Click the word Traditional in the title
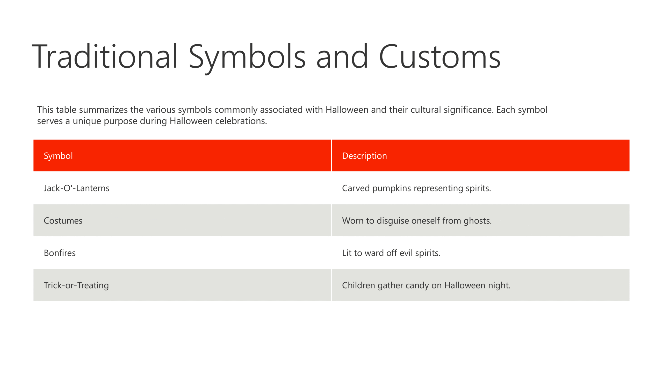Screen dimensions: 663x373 click(x=105, y=56)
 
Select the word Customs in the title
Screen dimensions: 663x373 click(x=440, y=56)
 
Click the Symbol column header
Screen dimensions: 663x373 click(x=58, y=156)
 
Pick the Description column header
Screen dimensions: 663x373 click(x=364, y=156)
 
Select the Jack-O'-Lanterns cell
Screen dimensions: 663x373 click(x=77, y=188)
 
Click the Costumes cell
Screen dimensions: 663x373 click(x=63, y=220)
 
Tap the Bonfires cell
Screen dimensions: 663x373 click(x=60, y=253)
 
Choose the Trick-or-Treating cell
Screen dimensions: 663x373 click(x=76, y=285)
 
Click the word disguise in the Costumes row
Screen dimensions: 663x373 click(x=392, y=221)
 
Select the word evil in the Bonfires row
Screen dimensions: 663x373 click(x=406, y=253)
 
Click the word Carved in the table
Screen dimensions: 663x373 click(x=356, y=188)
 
